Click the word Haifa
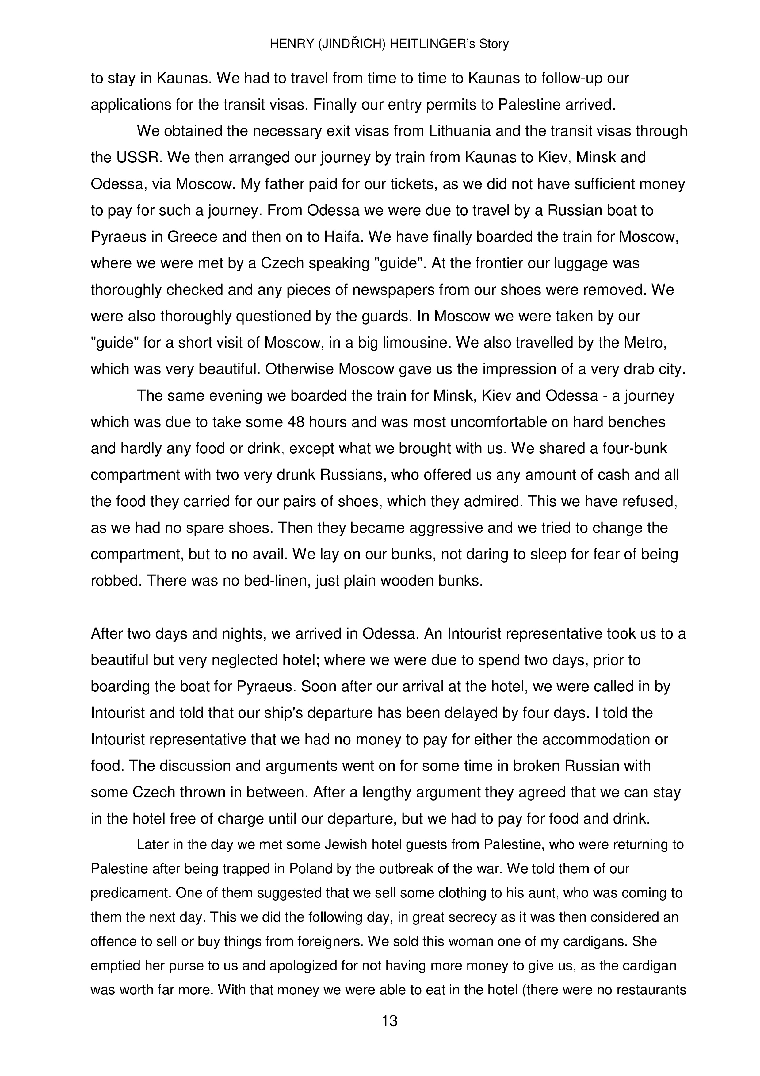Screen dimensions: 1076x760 343,237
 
